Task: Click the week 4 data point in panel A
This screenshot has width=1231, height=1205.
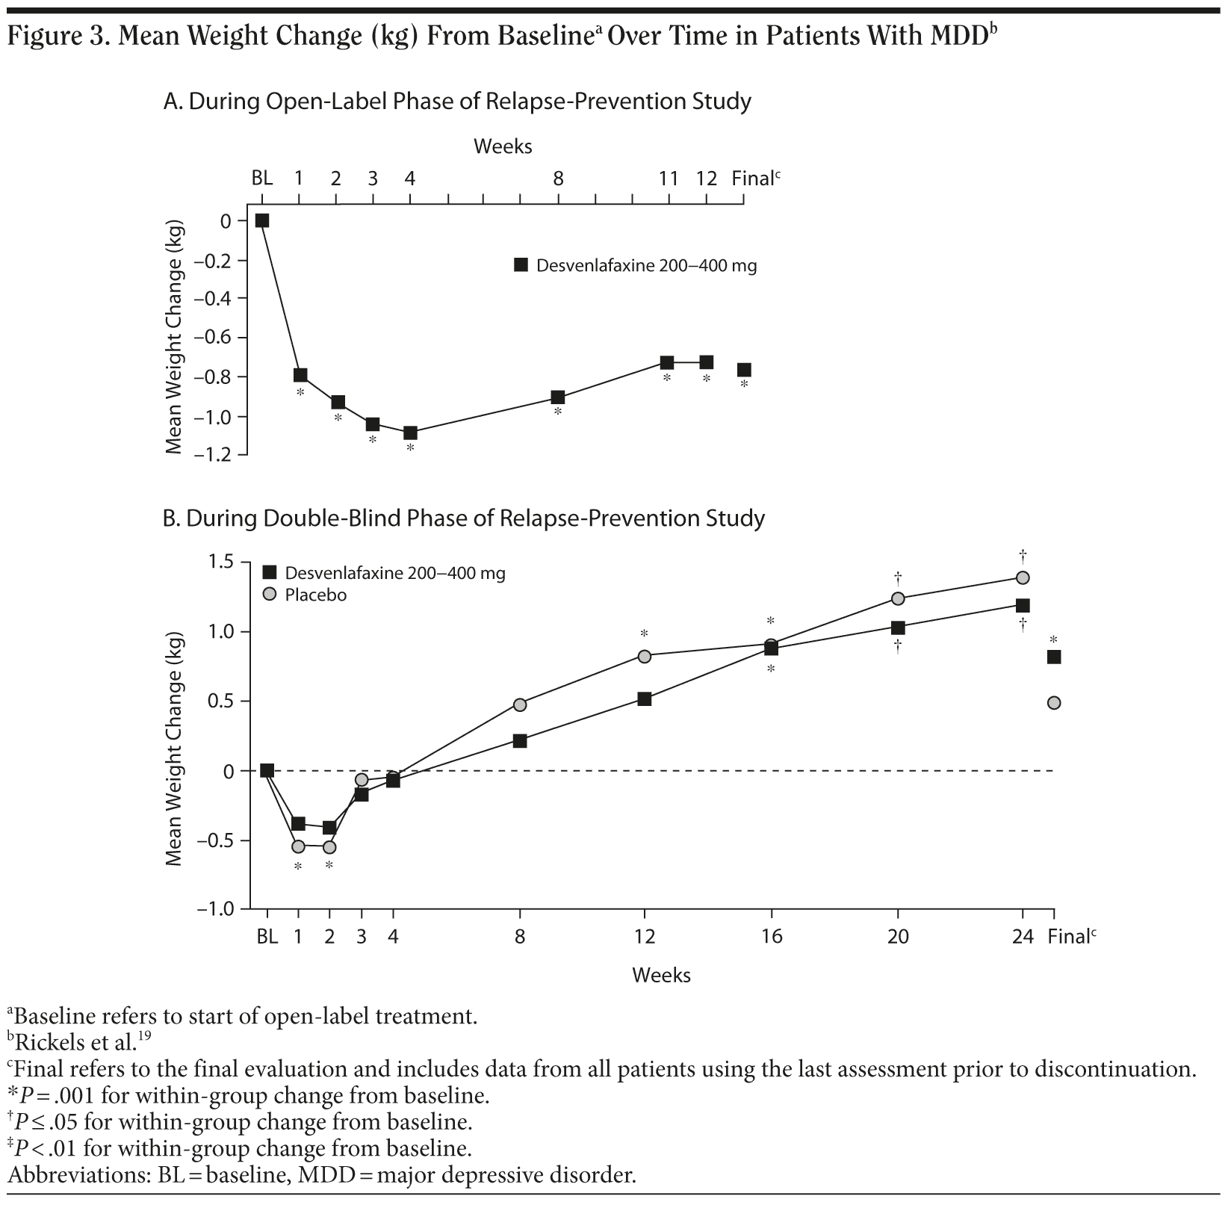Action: coord(410,433)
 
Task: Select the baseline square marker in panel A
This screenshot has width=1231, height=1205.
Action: coord(262,220)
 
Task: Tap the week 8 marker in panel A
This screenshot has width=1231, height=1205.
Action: coord(558,397)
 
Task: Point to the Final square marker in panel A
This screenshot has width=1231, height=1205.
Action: coord(744,370)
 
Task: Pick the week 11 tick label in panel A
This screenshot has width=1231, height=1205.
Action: coord(668,179)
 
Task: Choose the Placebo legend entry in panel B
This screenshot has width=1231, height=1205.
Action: coord(315,595)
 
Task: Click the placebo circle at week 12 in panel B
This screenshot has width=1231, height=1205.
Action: coord(645,656)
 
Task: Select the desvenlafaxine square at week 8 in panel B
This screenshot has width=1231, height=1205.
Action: coord(520,740)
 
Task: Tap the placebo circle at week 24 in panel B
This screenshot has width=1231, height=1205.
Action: coord(1023,577)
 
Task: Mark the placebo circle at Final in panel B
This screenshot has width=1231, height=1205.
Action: coord(1054,703)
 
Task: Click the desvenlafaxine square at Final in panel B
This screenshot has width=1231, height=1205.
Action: coord(1054,657)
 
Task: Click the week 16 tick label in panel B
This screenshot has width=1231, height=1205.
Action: coord(772,937)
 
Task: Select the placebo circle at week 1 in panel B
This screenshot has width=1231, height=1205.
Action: coord(298,846)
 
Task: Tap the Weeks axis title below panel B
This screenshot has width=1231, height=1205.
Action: coord(661,975)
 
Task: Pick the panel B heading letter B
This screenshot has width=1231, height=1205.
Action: coord(170,518)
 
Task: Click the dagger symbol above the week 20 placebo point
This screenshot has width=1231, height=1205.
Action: coord(898,577)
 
